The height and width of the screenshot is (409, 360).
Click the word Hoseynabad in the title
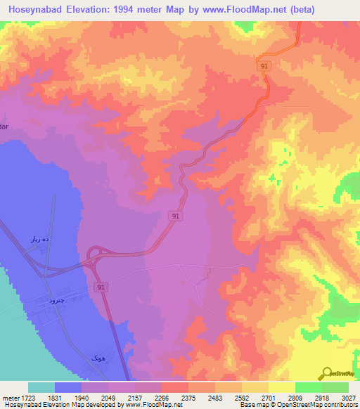coord(33,10)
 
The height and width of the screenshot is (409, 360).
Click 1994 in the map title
coord(131,10)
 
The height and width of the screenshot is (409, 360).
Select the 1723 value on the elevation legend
coord(29,398)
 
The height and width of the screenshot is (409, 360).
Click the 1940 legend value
coord(82,398)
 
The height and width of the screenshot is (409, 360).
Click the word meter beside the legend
coord(10,398)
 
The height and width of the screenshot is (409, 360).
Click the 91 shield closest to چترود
coord(101,287)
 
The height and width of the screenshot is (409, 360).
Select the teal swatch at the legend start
coord(41,387)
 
